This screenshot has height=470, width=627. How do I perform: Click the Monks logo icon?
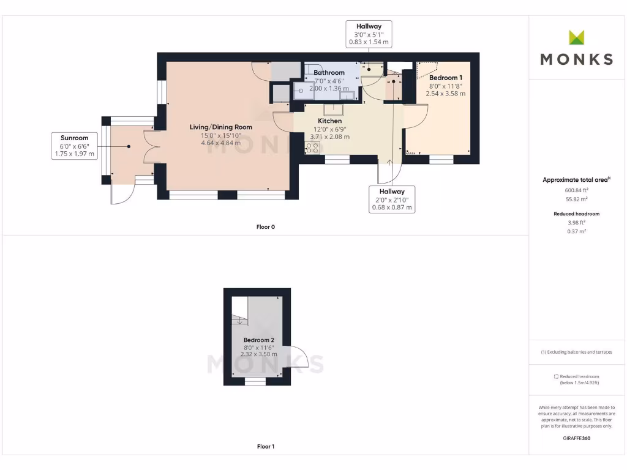[x=576, y=37]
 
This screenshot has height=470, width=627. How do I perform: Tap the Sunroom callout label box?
[x=74, y=146]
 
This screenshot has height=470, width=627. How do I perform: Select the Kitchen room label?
[x=329, y=121]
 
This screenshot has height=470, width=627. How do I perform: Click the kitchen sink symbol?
[x=333, y=110]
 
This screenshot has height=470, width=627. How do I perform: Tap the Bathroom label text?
[x=329, y=73]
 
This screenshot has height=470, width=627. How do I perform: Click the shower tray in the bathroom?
[x=303, y=92]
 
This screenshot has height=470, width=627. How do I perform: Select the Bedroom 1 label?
[x=445, y=78]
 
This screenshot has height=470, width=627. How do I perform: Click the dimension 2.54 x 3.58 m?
[x=445, y=94]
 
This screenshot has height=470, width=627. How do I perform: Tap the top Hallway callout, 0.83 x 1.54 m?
[x=369, y=34]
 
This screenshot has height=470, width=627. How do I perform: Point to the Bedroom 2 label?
[x=258, y=340]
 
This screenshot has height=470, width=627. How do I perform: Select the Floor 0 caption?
[x=265, y=227]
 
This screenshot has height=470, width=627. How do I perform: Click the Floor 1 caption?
[x=265, y=447]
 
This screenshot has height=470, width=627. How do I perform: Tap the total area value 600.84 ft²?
[x=576, y=190]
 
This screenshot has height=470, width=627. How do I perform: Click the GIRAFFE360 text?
[x=576, y=438]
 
